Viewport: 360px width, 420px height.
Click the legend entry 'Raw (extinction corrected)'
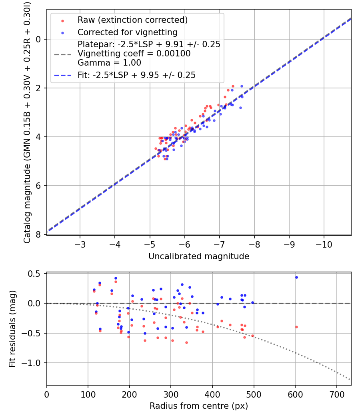[132, 20]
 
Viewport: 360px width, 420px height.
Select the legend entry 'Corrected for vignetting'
[128, 32]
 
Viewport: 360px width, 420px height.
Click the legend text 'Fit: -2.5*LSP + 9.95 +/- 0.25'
[136, 75]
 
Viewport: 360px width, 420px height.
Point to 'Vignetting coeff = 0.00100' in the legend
[134, 54]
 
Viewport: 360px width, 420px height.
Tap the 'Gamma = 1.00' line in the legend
[109, 63]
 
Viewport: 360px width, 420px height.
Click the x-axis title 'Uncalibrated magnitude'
[199, 256]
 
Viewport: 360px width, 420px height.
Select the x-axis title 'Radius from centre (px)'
[199, 406]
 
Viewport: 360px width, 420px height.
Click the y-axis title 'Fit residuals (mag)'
[12, 329]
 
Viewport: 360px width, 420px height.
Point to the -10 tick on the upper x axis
[324, 244]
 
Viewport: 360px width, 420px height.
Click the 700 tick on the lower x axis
[336, 394]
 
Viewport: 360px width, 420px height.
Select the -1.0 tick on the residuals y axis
[34, 363]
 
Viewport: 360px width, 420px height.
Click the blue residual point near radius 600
[296, 277]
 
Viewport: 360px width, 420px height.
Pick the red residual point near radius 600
[296, 327]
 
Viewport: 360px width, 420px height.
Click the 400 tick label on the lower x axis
[212, 394]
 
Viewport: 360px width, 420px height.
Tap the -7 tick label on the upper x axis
[220, 244]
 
